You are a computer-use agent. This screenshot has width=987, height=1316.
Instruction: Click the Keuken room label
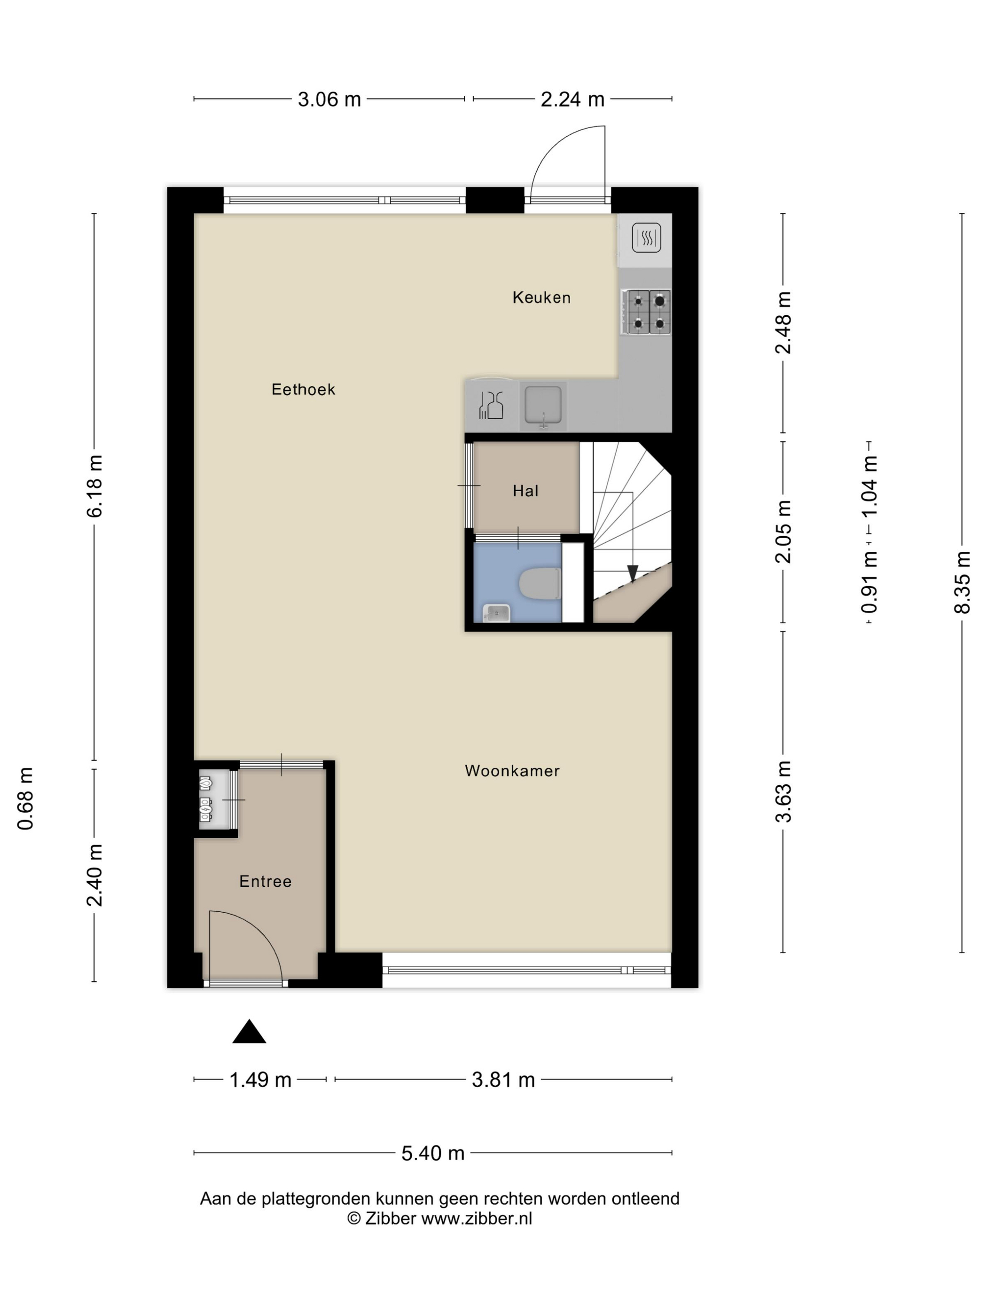click(x=541, y=298)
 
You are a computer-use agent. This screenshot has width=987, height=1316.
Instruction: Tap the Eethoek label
click(x=304, y=389)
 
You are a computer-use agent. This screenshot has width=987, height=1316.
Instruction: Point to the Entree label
click(x=266, y=881)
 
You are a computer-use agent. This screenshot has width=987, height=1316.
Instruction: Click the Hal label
click(x=526, y=491)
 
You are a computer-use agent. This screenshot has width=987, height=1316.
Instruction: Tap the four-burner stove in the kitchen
click(x=646, y=312)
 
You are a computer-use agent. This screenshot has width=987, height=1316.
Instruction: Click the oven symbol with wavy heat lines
click(x=646, y=238)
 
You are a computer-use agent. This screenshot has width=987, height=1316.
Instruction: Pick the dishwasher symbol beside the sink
click(x=492, y=405)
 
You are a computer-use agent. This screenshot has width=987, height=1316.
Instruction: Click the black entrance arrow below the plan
click(x=249, y=1031)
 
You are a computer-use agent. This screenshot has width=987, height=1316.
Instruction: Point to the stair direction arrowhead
click(x=633, y=573)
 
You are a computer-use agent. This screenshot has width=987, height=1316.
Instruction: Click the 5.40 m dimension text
click(x=432, y=1153)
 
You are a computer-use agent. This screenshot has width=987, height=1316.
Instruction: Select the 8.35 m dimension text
click(x=962, y=582)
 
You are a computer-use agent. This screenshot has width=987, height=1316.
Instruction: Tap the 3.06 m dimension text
click(x=329, y=99)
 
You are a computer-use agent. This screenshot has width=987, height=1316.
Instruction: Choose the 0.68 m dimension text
click(x=25, y=799)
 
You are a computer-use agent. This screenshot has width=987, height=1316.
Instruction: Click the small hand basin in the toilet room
click(x=496, y=613)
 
